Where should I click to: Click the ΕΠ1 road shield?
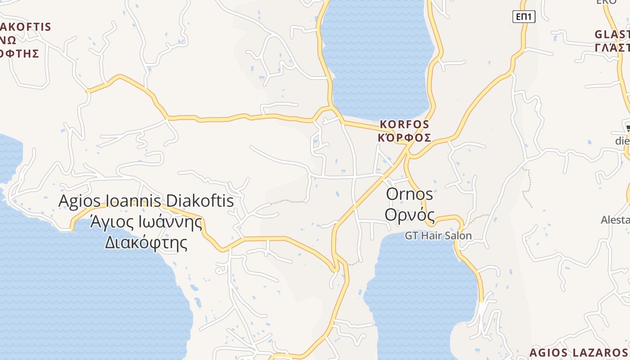524,17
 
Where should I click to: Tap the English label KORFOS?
405,124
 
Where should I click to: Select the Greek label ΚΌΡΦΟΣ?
405,138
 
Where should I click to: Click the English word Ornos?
409,194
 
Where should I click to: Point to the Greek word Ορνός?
409,215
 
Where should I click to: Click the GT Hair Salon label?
438,235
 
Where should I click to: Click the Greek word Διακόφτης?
146,243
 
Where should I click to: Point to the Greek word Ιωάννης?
169,222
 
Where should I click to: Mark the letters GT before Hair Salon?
412,235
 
